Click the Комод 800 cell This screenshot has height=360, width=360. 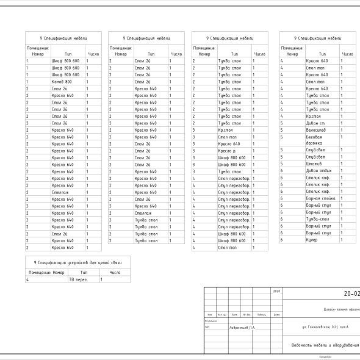tap(62, 82)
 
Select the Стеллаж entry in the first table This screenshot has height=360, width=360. tap(60, 192)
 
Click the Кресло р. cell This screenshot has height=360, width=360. tap(227, 151)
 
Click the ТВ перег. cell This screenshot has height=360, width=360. tap(77, 279)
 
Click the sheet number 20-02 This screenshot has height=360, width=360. tap(351, 294)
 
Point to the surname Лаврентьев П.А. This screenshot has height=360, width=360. tap(242, 328)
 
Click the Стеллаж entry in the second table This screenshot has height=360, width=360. tap(143, 213)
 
